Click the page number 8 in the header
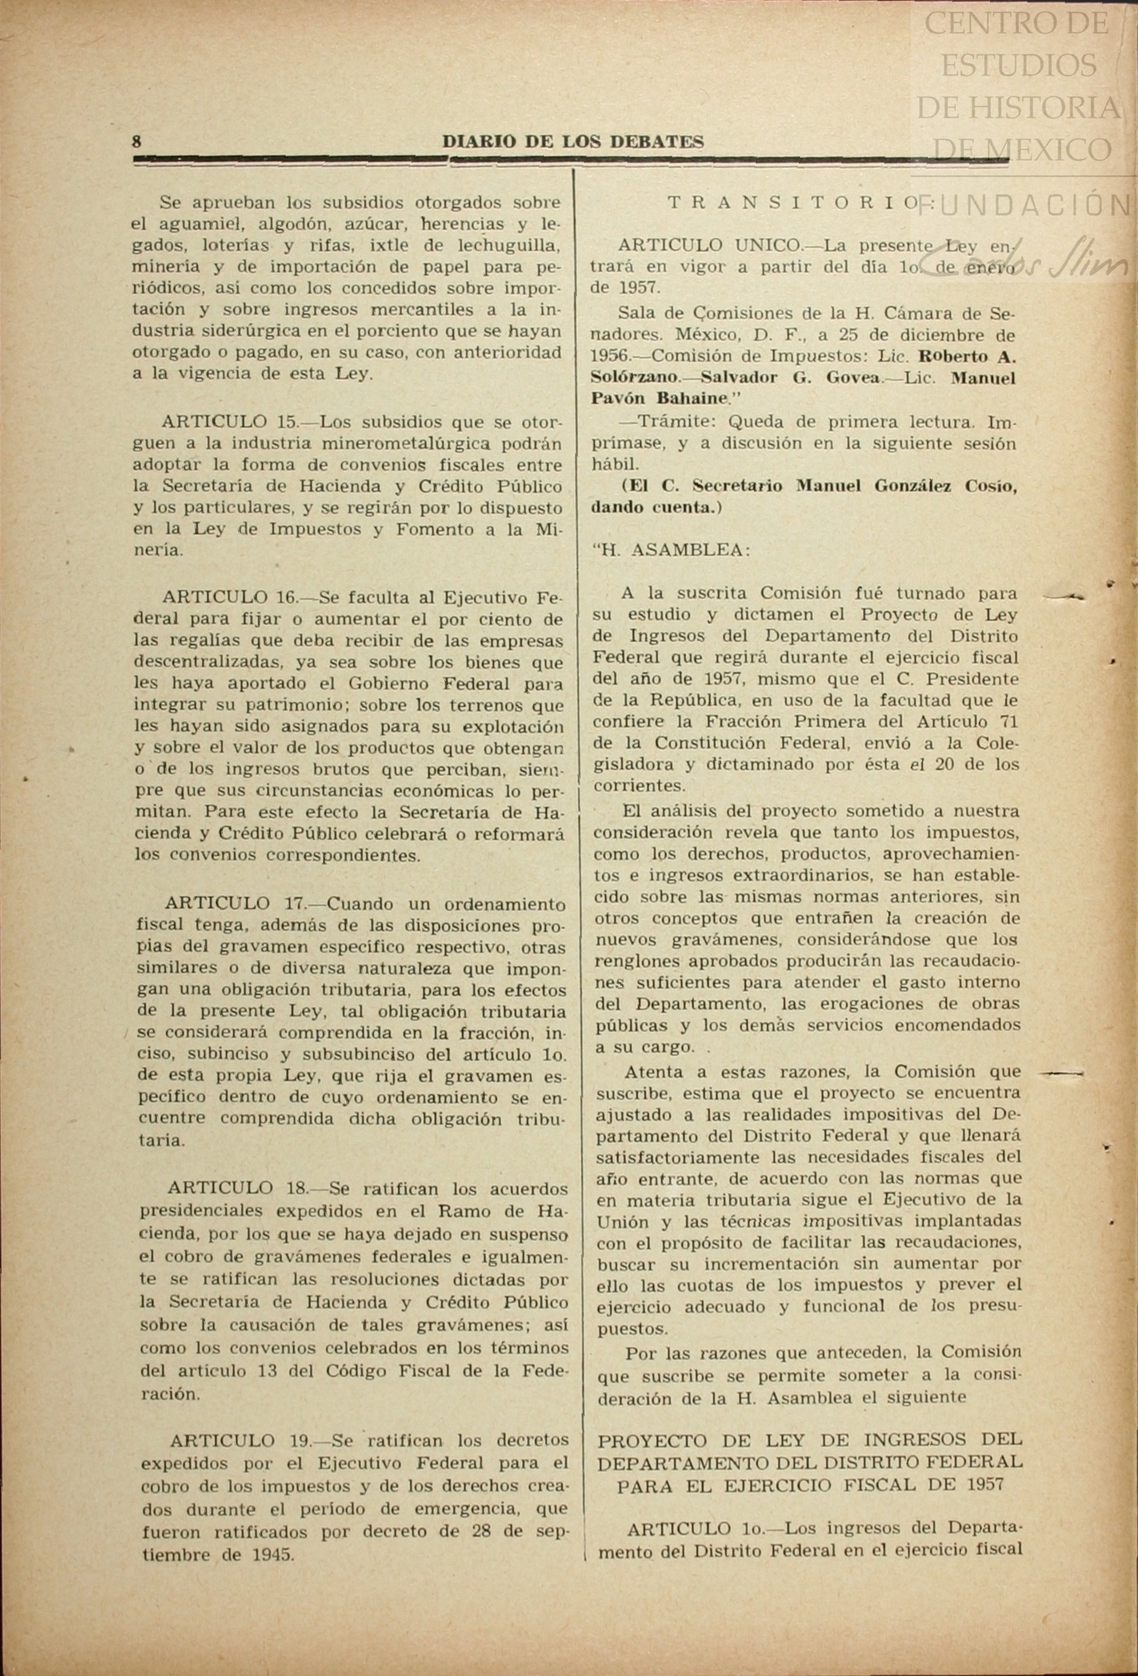[137, 142]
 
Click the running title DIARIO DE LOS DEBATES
[573, 142]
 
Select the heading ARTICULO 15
[230, 422]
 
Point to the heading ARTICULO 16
[230, 598]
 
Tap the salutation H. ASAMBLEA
[671, 550]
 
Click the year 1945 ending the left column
[272, 1556]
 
